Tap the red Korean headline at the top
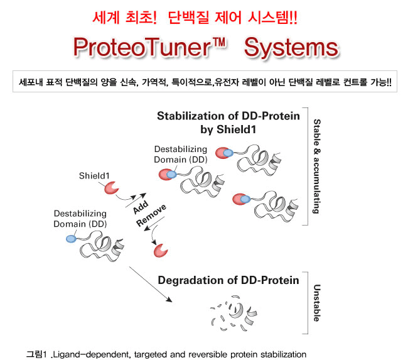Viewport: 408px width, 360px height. [203, 17]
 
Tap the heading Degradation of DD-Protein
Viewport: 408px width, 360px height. [228, 280]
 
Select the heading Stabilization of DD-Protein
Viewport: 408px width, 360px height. [228, 116]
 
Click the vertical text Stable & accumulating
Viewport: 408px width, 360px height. [316, 166]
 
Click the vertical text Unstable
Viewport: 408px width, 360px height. [316, 302]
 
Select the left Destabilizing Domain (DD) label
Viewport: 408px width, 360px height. [80, 219]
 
